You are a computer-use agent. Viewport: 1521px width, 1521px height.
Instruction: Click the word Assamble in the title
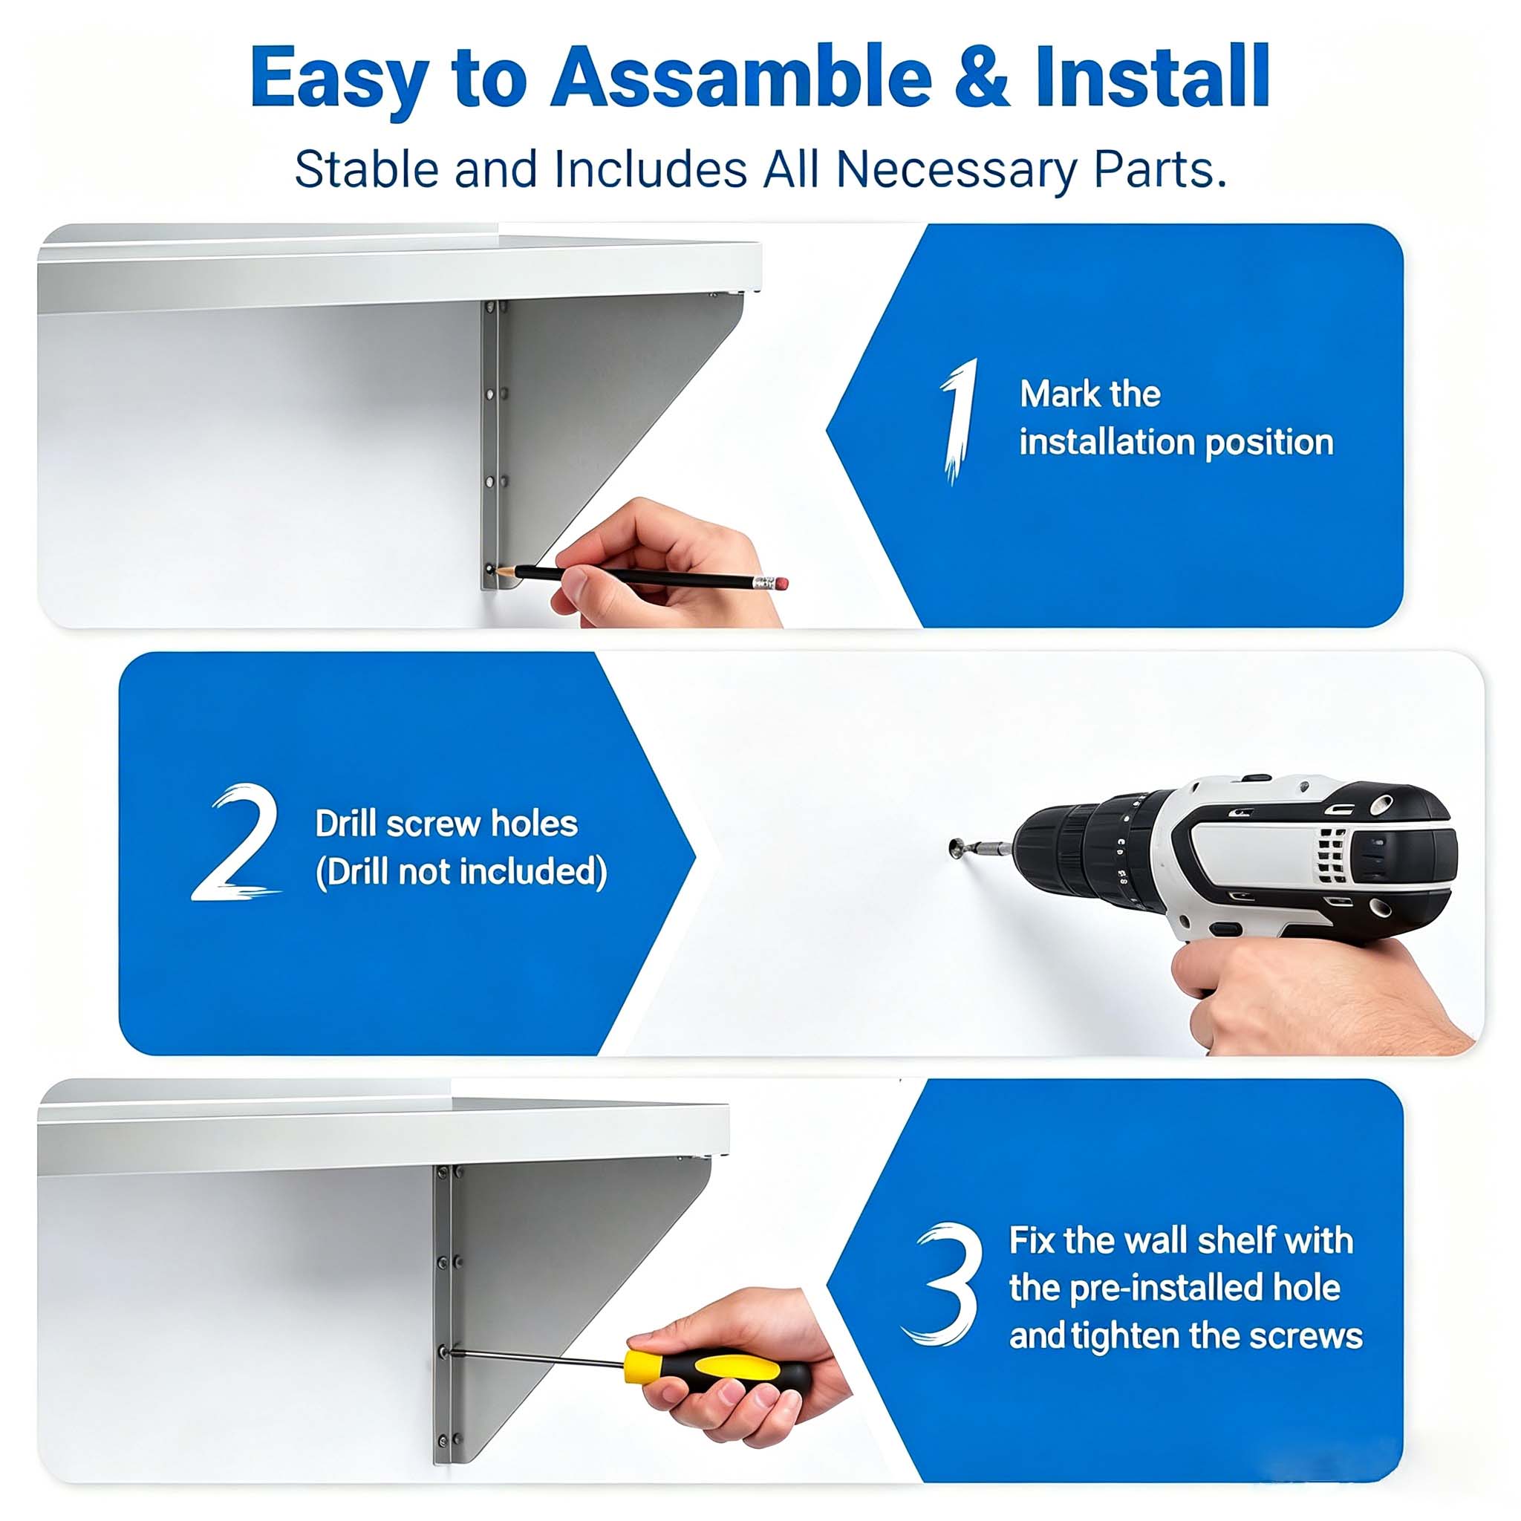pyautogui.click(x=740, y=76)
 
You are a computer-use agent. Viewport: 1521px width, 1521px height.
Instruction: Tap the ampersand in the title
pyautogui.click(x=981, y=76)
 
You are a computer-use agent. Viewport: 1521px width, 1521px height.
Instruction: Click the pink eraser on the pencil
pyautogui.click(x=781, y=583)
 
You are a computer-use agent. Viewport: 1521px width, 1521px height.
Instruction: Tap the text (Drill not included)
pyautogui.click(x=461, y=873)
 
